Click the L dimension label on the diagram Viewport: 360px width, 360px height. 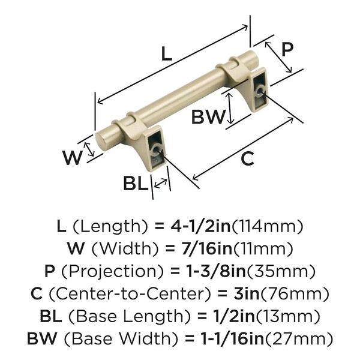(167, 54)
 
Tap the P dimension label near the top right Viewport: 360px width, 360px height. (287, 49)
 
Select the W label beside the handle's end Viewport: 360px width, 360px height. (73, 158)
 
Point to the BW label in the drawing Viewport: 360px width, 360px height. (208, 116)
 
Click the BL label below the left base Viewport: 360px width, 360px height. (136, 183)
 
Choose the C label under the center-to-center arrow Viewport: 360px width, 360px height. (247, 158)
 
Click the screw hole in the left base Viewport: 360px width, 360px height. (157, 149)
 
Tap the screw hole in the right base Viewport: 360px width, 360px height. (260, 90)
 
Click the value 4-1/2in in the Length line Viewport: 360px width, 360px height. (200, 226)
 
